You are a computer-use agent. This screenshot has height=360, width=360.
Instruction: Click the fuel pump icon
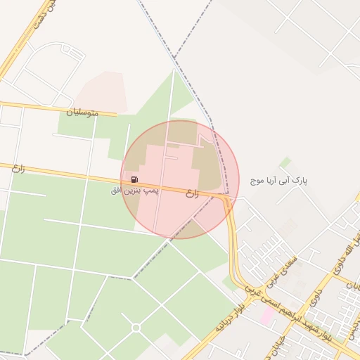point(134,180)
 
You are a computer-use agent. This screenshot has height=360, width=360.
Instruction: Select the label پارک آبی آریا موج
point(279,181)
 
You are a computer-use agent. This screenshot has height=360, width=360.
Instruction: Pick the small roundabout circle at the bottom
point(136,328)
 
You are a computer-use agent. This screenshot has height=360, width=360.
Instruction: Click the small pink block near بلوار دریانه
point(268,315)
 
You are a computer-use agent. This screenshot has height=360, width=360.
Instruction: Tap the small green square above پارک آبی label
point(285,162)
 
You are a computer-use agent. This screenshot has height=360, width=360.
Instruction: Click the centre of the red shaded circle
point(180,179)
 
